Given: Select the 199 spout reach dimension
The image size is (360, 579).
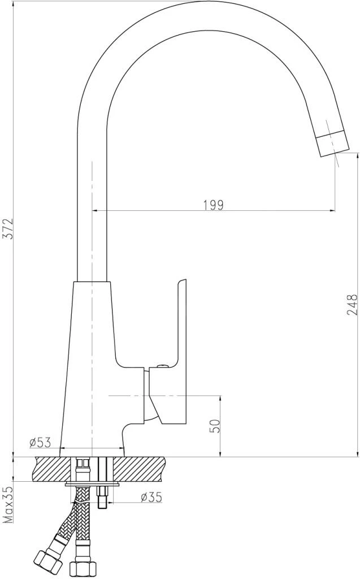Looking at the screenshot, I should click(x=214, y=204).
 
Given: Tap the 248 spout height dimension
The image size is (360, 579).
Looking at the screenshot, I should click(x=353, y=304).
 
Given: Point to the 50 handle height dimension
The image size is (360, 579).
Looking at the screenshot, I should click(x=215, y=426).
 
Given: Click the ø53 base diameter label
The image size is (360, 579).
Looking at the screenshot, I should click(x=40, y=441).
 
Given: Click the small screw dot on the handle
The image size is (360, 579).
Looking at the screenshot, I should click(x=163, y=366).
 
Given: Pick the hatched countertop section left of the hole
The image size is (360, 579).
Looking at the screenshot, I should click(x=51, y=468).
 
